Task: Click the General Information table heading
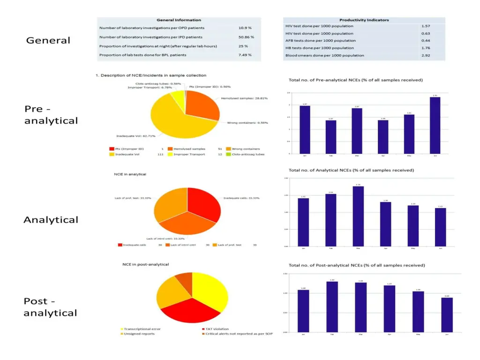click(x=179, y=20)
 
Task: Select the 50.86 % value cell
click(x=246, y=37)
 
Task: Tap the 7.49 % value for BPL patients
click(x=245, y=55)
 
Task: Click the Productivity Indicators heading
click(x=364, y=20)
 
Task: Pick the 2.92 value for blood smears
click(x=426, y=55)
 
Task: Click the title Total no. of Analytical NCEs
click(x=351, y=170)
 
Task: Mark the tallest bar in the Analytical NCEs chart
click(x=358, y=216)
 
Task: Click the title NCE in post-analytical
click(x=145, y=264)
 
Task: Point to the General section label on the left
click(x=48, y=40)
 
